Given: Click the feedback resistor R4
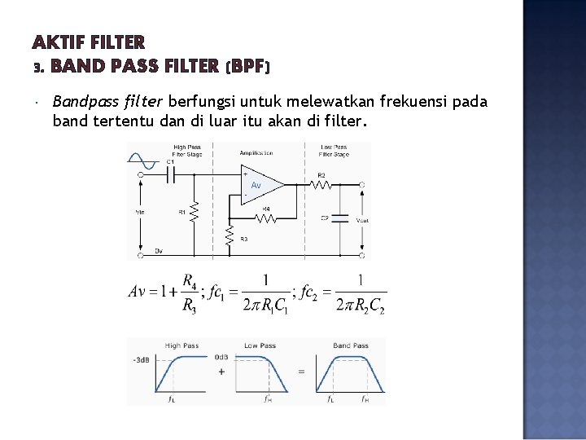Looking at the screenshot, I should (x=266, y=218).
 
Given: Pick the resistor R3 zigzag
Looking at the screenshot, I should (x=230, y=237).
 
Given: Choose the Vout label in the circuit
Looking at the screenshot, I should (x=362, y=220).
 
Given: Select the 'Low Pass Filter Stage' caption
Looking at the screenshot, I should (x=334, y=150).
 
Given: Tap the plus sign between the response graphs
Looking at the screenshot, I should (x=221, y=372).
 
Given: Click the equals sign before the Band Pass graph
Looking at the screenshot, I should (x=300, y=372).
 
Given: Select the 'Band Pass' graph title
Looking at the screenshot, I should (x=350, y=345).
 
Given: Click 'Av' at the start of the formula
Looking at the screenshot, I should (x=138, y=292).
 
